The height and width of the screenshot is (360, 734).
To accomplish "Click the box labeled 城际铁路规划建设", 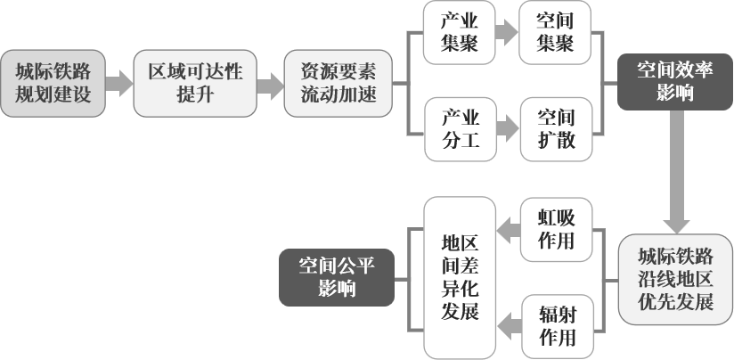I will pos(53,85).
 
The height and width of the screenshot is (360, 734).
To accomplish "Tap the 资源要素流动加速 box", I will pos(338,85).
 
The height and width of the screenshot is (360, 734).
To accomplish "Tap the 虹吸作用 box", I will pos(556,230).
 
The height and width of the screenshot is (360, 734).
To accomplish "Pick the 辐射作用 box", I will pos(556,326).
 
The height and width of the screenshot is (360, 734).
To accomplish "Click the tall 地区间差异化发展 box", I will pos(460,278).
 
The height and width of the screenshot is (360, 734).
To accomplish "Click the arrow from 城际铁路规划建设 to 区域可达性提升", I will pos(119,86).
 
